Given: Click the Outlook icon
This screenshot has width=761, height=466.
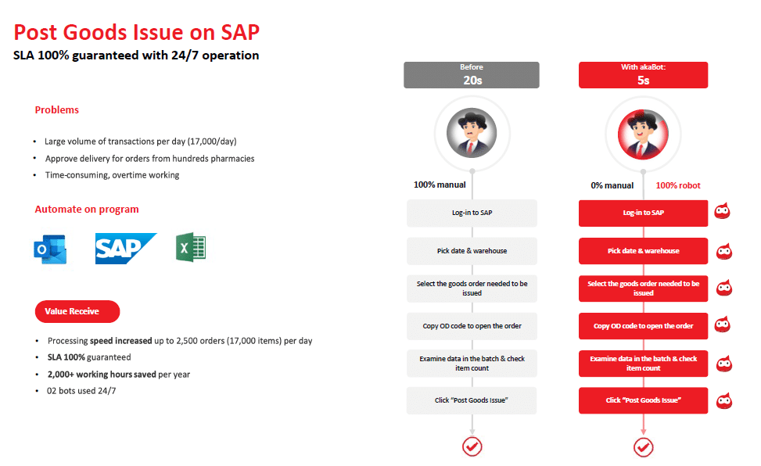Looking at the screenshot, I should click(50, 249).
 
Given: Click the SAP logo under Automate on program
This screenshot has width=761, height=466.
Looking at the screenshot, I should click(125, 249).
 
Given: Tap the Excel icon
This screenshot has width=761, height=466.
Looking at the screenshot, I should click(191, 249).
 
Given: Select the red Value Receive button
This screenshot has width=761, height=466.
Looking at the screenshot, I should click(77, 311).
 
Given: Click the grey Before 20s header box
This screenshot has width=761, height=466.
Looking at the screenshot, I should click(472, 75).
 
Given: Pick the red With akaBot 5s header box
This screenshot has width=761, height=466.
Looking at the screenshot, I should click(643, 75).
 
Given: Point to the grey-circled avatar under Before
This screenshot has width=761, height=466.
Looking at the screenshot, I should click(472, 133).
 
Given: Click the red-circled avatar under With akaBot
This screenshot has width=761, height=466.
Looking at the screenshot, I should click(643, 133).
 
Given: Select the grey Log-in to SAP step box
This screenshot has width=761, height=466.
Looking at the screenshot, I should click(472, 213).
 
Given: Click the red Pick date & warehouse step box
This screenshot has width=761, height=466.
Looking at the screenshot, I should click(643, 251).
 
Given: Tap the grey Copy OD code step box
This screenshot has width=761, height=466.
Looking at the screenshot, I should click(472, 326).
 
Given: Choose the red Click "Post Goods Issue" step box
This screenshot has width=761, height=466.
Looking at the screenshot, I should click(643, 400).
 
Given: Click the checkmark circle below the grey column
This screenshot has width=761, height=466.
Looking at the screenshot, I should click(472, 446).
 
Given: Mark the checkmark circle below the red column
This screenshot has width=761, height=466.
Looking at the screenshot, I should click(643, 446).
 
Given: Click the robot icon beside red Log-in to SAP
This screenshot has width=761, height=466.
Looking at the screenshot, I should click(723, 212).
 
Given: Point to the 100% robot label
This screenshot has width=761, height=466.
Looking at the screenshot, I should click(678, 185).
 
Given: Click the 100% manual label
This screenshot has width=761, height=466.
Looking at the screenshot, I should click(440, 185).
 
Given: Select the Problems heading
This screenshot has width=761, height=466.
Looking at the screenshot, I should click(57, 110).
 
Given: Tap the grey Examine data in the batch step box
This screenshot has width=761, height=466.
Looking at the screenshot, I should click(472, 363).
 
